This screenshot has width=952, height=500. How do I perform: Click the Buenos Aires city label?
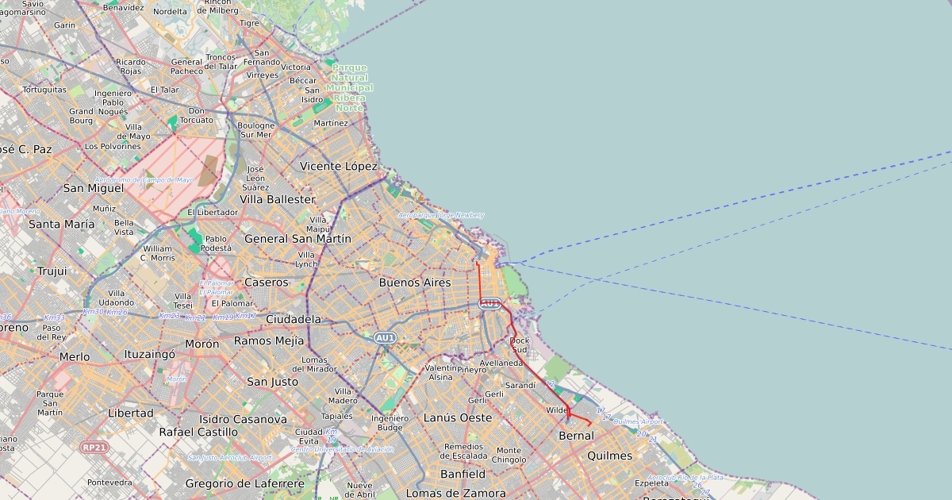coord(414,283)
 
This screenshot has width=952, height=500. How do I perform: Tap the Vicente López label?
coord(338,166)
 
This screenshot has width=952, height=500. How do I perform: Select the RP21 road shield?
coord(94,448)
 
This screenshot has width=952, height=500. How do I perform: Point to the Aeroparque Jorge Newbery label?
coord(441,215)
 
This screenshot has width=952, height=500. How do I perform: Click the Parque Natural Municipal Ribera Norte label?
coord(350,87)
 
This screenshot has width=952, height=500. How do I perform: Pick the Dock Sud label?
coord(519,344)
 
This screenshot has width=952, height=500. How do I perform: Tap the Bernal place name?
coord(576,436)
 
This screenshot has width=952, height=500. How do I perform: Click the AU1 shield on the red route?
coord(490,303)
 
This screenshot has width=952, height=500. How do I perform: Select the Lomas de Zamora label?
coord(455,493)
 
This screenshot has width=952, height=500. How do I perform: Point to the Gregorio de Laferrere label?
coord(244,483)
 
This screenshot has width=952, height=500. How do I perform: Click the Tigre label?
coord(249,23)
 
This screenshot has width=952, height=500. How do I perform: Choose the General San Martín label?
coord(297,238)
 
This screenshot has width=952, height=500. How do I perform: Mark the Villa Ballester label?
coord(277,199)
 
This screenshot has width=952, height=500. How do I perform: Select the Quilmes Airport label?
coord(638,421)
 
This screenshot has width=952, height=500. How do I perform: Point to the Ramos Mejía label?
coord(268,340)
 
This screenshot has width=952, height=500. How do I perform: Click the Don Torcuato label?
coord(197,115)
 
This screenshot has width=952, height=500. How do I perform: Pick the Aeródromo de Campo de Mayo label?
coord(144,180)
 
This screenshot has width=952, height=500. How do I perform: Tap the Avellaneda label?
coord(501,363)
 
